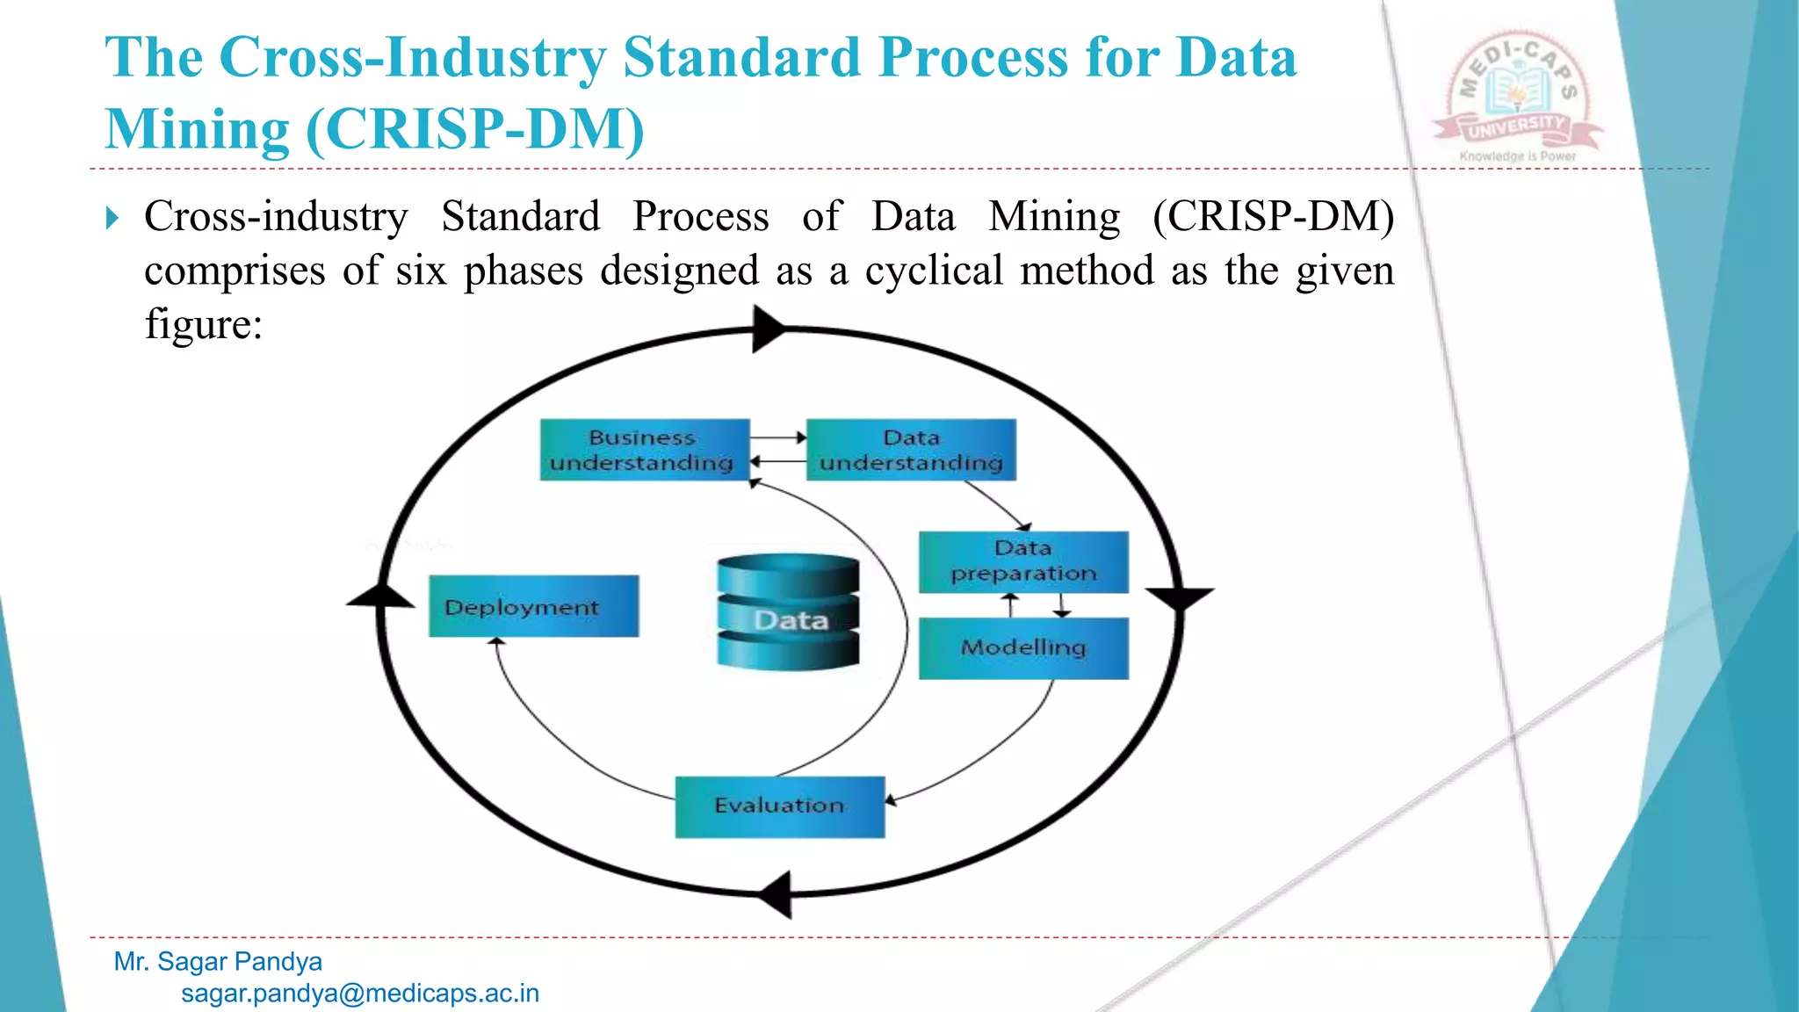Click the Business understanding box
click(x=644, y=450)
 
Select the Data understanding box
click(x=911, y=450)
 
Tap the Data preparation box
click(x=1023, y=561)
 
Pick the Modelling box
click(x=1023, y=647)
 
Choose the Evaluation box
click(x=779, y=806)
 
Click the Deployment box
click(x=533, y=606)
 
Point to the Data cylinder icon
click(x=788, y=611)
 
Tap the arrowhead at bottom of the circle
click(x=777, y=894)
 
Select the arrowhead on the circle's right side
click(x=1179, y=598)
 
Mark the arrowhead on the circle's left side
click(x=380, y=596)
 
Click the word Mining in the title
click(x=198, y=129)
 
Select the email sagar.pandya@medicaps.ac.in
click(x=359, y=994)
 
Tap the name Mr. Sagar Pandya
click(x=218, y=961)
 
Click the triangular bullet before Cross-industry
click(x=112, y=217)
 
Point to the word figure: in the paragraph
click(x=204, y=324)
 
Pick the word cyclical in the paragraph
click(x=934, y=271)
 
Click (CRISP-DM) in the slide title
click(x=475, y=129)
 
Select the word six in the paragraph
click(x=422, y=271)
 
